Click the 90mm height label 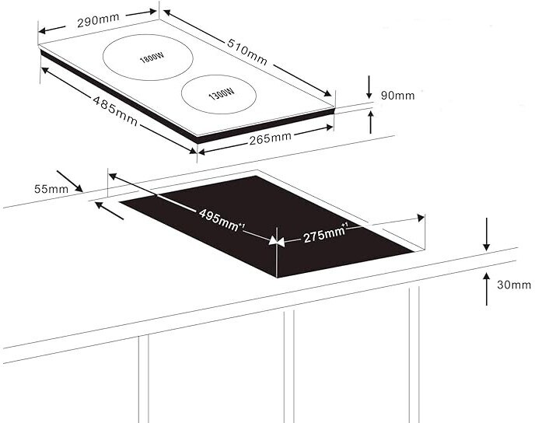tap(397, 96)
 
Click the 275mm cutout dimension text tap(324, 234)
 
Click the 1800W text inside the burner tap(152, 58)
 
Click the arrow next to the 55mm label tap(69, 182)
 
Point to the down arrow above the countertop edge tap(487, 235)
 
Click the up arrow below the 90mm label tap(370, 122)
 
